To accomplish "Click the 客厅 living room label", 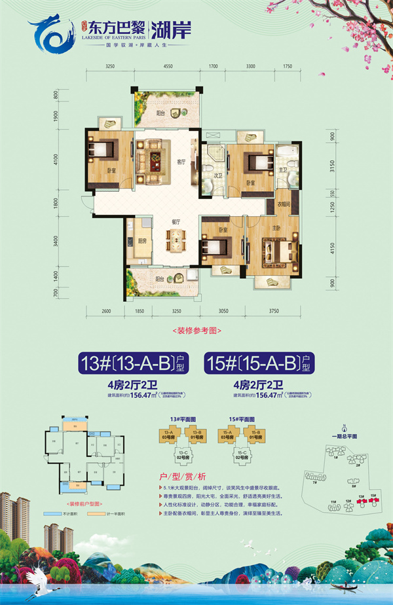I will coord(183,161).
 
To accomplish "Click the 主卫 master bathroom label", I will coord(284,170).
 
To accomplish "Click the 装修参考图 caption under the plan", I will coord(196,331).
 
